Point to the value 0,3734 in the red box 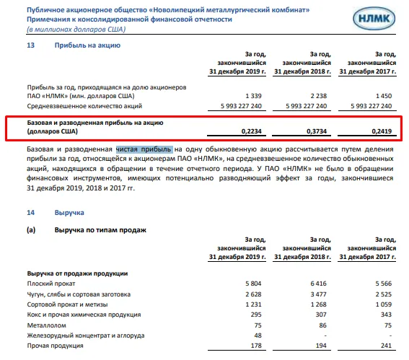[316, 132]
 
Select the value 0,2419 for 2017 [383, 132]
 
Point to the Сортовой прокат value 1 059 [387, 304]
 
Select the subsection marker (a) [31, 229]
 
